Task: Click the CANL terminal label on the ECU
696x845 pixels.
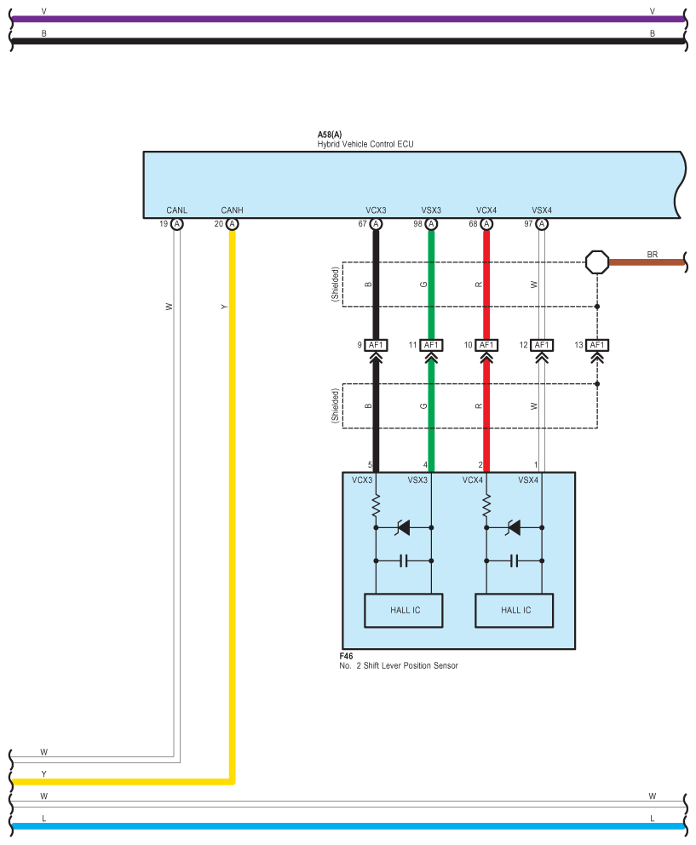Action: pyautogui.click(x=177, y=210)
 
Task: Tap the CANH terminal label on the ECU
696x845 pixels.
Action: pyautogui.click(x=232, y=210)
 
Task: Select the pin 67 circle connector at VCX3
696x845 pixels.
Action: pyautogui.click(x=376, y=224)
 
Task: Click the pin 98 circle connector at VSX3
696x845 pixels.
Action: pyautogui.click(x=431, y=224)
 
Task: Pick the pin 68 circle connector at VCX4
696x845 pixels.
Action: pyautogui.click(x=486, y=224)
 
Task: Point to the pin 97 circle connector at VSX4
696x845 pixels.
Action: pyautogui.click(x=542, y=224)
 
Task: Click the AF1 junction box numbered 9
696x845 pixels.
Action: pyautogui.click(x=376, y=345)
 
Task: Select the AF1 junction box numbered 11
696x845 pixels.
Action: pyautogui.click(x=431, y=345)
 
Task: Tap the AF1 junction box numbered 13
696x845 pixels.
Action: pyautogui.click(x=597, y=345)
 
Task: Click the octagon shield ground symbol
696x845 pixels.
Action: pyautogui.click(x=597, y=262)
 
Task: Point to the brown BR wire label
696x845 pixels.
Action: pyautogui.click(x=653, y=255)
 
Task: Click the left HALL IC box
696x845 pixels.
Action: pyautogui.click(x=404, y=611)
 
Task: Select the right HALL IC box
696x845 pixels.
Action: pyautogui.click(x=515, y=611)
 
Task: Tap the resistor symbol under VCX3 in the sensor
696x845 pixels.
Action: pyautogui.click(x=376, y=507)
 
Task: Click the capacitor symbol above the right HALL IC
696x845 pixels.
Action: pyautogui.click(x=515, y=561)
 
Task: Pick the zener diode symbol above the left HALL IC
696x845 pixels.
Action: pyautogui.click(x=403, y=527)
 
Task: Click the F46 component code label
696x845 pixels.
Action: pyautogui.click(x=346, y=656)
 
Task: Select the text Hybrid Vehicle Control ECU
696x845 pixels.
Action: pyautogui.click(x=365, y=144)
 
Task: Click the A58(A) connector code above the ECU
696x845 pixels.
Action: pyautogui.click(x=330, y=135)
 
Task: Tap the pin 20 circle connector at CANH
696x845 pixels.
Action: pyautogui.click(x=232, y=224)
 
